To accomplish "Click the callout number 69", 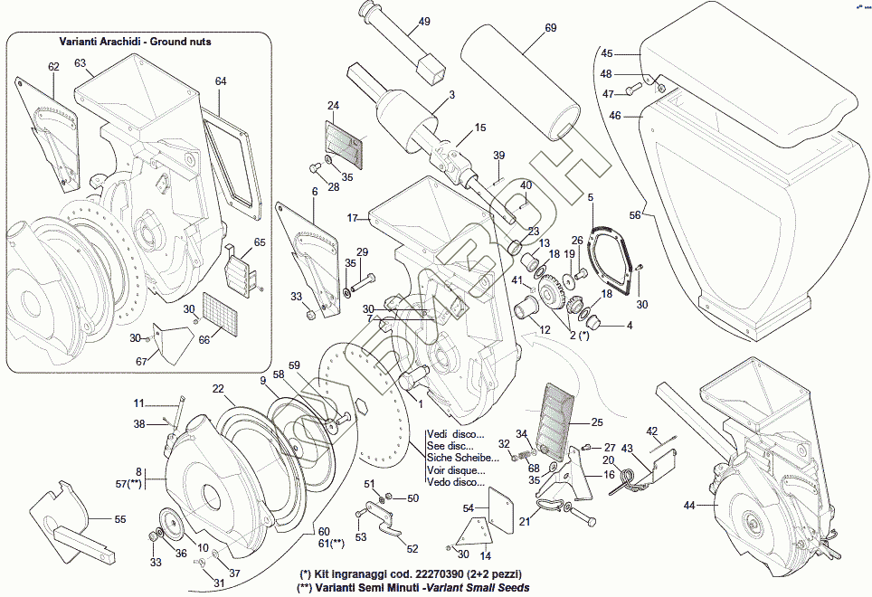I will click(551, 28).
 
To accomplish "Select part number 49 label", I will click(424, 22).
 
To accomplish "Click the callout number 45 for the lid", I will click(607, 54).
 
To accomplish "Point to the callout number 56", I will click(635, 215).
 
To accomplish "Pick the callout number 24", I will click(333, 106).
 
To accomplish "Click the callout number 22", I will click(218, 388).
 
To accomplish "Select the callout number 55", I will click(120, 519).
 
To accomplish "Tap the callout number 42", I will click(652, 431).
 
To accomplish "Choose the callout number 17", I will click(353, 218).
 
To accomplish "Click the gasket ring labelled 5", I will click(611, 258).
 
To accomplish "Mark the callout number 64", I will click(221, 81).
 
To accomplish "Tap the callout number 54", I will click(468, 509).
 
